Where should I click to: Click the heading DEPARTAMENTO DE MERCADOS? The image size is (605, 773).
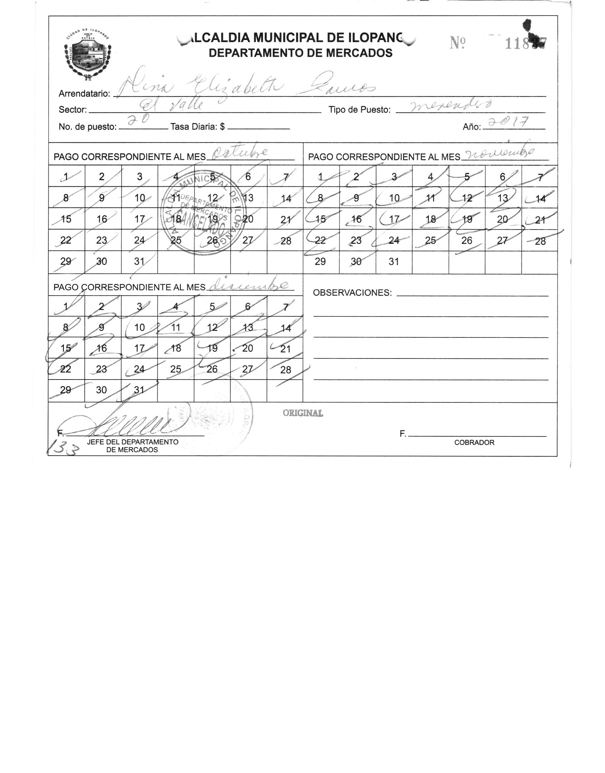pyautogui.click(x=300, y=53)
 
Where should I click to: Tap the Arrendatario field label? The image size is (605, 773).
pyautogui.click(x=84, y=94)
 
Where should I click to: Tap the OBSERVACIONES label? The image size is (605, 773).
pyautogui.click(x=352, y=293)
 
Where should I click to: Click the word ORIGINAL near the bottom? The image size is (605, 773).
pyautogui.click(x=303, y=413)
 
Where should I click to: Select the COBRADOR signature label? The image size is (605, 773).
pyautogui.click(x=474, y=443)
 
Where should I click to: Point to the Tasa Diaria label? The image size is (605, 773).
pyautogui.click(x=197, y=127)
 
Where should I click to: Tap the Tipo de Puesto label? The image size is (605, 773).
pyautogui.click(x=359, y=110)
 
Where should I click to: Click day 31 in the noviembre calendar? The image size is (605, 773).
pyautogui.click(x=393, y=262)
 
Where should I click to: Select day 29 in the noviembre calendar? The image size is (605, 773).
pyautogui.click(x=320, y=262)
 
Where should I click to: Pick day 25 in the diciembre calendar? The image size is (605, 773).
pyautogui.click(x=175, y=369)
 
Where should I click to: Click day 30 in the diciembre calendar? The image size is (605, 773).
pyautogui.click(x=101, y=390)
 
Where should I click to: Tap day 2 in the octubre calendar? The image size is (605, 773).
pyautogui.click(x=102, y=176)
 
